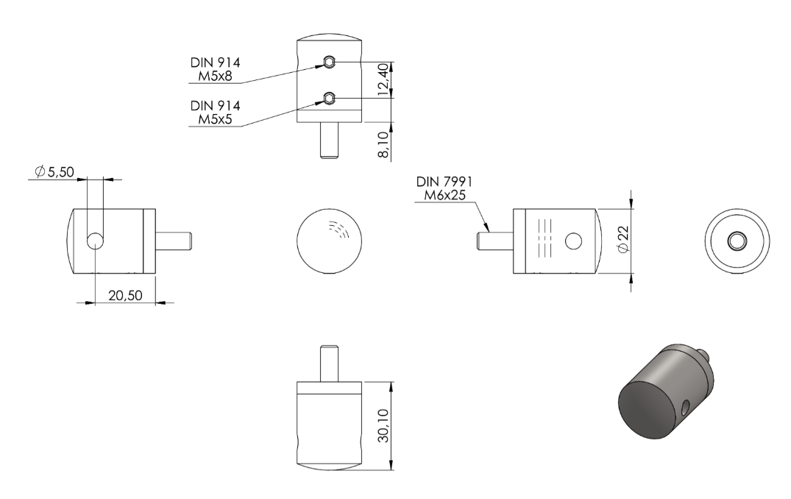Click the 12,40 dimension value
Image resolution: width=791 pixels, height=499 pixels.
tap(384, 79)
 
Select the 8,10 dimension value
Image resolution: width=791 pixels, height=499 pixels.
tap(384, 145)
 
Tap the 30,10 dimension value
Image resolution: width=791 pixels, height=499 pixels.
tap(384, 426)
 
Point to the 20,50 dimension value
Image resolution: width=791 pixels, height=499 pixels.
tap(125, 295)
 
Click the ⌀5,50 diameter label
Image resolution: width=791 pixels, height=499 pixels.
tap(54, 171)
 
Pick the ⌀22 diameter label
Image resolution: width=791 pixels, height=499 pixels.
tap(623, 240)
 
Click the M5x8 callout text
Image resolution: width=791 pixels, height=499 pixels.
tap(215, 77)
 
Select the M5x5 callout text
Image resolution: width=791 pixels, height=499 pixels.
tap(215, 119)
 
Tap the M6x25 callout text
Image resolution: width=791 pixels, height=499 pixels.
tap(444, 195)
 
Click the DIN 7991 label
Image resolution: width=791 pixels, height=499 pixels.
tap(444, 182)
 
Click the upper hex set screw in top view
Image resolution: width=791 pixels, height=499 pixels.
tap(329, 62)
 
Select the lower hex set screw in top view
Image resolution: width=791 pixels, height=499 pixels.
tap(329, 98)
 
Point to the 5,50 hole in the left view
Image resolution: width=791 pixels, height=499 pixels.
tap(95, 241)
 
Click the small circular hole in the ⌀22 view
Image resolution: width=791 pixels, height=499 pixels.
tap(574, 241)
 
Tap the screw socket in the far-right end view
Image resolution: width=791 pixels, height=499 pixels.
tap(737, 241)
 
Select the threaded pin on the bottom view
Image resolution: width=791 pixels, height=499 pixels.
tap(329, 363)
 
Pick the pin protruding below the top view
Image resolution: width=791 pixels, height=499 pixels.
tap(329, 141)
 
